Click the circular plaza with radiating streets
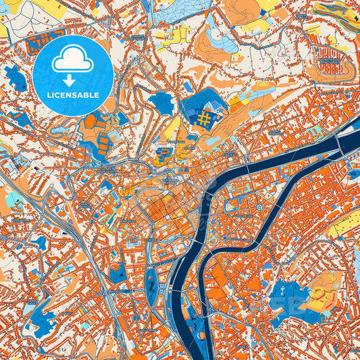[259, 207]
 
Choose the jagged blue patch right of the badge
[161, 103]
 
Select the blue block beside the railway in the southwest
[117, 274]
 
